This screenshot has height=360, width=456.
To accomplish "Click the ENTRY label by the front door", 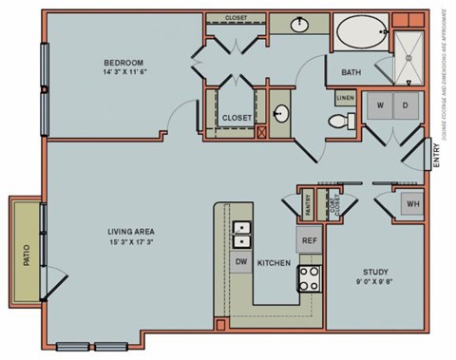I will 436,154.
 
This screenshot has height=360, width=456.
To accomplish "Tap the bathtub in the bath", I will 359,32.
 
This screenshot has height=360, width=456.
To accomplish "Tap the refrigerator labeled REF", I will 309,240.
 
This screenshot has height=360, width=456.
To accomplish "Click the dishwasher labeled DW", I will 241,261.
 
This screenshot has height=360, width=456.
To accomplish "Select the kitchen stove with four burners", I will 310,278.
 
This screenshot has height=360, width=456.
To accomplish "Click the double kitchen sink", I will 241,230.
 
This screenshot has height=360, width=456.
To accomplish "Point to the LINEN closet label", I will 344,97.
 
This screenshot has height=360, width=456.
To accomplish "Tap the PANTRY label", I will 309,203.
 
